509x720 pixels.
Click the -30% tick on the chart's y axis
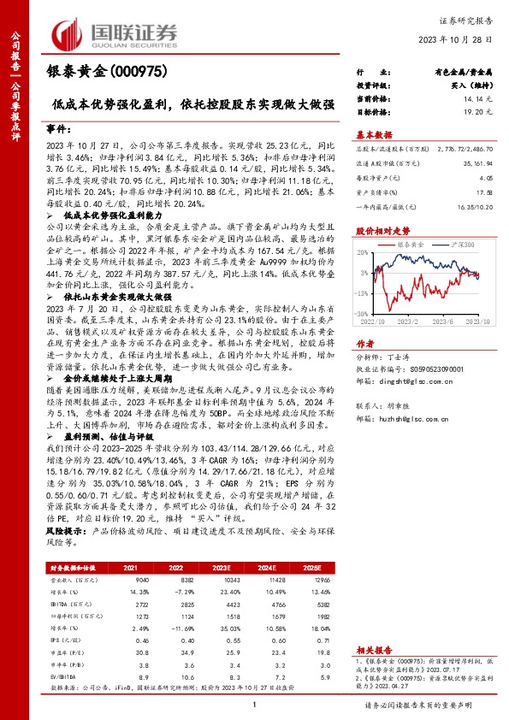[364, 292]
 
